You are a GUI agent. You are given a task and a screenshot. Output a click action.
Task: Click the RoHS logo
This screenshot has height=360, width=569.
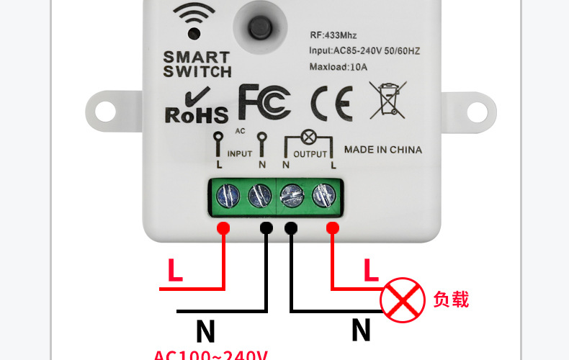tap(196, 106)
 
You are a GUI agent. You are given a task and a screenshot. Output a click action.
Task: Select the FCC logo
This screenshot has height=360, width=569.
tap(264, 102)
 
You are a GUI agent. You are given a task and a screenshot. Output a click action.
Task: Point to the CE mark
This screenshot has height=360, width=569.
tap(331, 103)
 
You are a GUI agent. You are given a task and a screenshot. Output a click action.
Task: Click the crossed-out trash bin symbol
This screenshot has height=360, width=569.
tap(387, 100)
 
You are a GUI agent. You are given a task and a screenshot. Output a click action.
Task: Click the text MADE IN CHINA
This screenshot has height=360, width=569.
tap(382, 150)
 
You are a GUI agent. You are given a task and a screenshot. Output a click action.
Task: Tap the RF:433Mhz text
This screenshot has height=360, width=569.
tap(333, 35)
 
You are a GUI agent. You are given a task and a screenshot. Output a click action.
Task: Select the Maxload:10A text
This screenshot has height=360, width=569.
tap(339, 67)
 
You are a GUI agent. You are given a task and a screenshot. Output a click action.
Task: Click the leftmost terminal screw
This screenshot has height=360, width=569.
tap(228, 195)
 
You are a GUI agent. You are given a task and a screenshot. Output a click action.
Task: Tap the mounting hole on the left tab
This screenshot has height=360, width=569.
tap(105, 112)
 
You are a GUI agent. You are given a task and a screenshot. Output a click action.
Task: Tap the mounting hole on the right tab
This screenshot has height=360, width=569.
tap(476, 112)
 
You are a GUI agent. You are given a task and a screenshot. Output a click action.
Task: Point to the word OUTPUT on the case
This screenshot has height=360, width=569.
tap(310, 154)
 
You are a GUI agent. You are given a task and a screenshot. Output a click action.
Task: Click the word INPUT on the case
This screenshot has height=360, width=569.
tap(240, 154)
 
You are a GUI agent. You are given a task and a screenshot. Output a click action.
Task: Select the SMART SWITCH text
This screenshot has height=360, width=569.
tap(197, 63)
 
